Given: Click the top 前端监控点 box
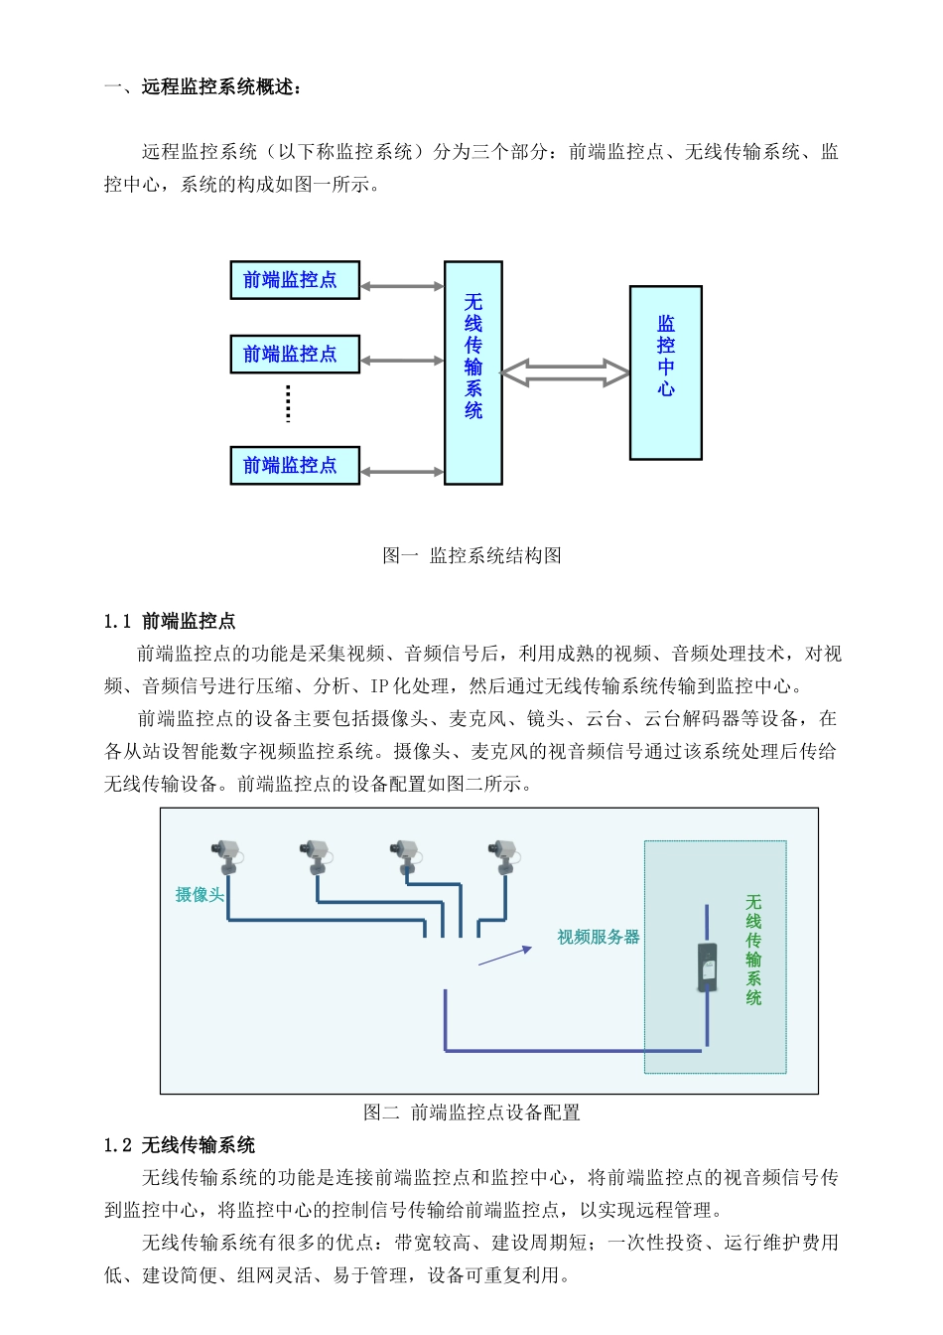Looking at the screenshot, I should [x=295, y=280].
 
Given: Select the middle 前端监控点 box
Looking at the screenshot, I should [x=295, y=354].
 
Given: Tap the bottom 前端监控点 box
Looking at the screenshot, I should [x=295, y=465].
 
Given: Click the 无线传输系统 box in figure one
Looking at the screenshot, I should [x=473, y=372].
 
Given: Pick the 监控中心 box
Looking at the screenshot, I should [x=666, y=372].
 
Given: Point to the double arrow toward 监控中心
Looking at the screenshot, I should [x=566, y=373].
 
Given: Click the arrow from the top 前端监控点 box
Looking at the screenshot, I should [x=402, y=287].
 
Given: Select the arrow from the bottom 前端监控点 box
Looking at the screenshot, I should [x=402, y=472].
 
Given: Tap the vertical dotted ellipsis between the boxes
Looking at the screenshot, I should [x=288, y=403].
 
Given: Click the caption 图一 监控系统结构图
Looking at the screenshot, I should [x=471, y=555].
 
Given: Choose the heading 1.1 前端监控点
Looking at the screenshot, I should [x=170, y=621].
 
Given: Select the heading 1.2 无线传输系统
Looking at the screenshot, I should [x=180, y=1145].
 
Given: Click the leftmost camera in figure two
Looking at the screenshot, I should [x=227, y=854].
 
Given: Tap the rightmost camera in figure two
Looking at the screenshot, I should [x=502, y=854].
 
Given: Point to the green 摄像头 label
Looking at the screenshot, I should [x=200, y=895].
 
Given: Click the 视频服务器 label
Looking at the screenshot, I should [x=598, y=937].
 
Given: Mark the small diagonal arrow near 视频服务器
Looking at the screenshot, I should [x=505, y=956].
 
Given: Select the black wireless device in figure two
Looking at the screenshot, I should [x=707, y=967].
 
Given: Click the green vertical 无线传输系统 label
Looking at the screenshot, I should [x=753, y=950].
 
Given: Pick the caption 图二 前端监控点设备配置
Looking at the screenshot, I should [x=471, y=1112].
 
